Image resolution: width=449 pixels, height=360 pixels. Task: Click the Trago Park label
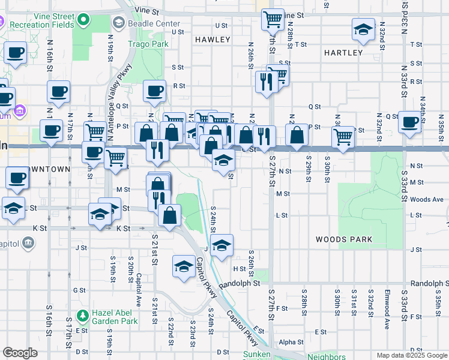[x=148, y=44]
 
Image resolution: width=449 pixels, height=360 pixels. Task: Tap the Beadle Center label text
[x=149, y=22]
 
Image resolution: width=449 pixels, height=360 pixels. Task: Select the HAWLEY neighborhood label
[x=212, y=40]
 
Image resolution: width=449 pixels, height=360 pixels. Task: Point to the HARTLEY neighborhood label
[x=343, y=53]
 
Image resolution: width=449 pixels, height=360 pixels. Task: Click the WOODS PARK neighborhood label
[x=345, y=239]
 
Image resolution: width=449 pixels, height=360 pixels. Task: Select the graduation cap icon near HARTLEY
[x=363, y=30]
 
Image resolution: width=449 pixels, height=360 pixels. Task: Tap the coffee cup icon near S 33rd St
[x=410, y=122]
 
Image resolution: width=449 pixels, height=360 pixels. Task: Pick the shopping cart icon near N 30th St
[x=343, y=136]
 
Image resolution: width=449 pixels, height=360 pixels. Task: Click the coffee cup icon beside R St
[x=155, y=91]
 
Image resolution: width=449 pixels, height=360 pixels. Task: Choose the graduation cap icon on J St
[x=221, y=245]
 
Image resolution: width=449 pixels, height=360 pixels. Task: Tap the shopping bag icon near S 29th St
[x=297, y=135]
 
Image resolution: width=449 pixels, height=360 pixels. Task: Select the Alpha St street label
[x=291, y=342]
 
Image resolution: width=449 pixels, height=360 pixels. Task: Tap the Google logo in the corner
[x=20, y=353]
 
